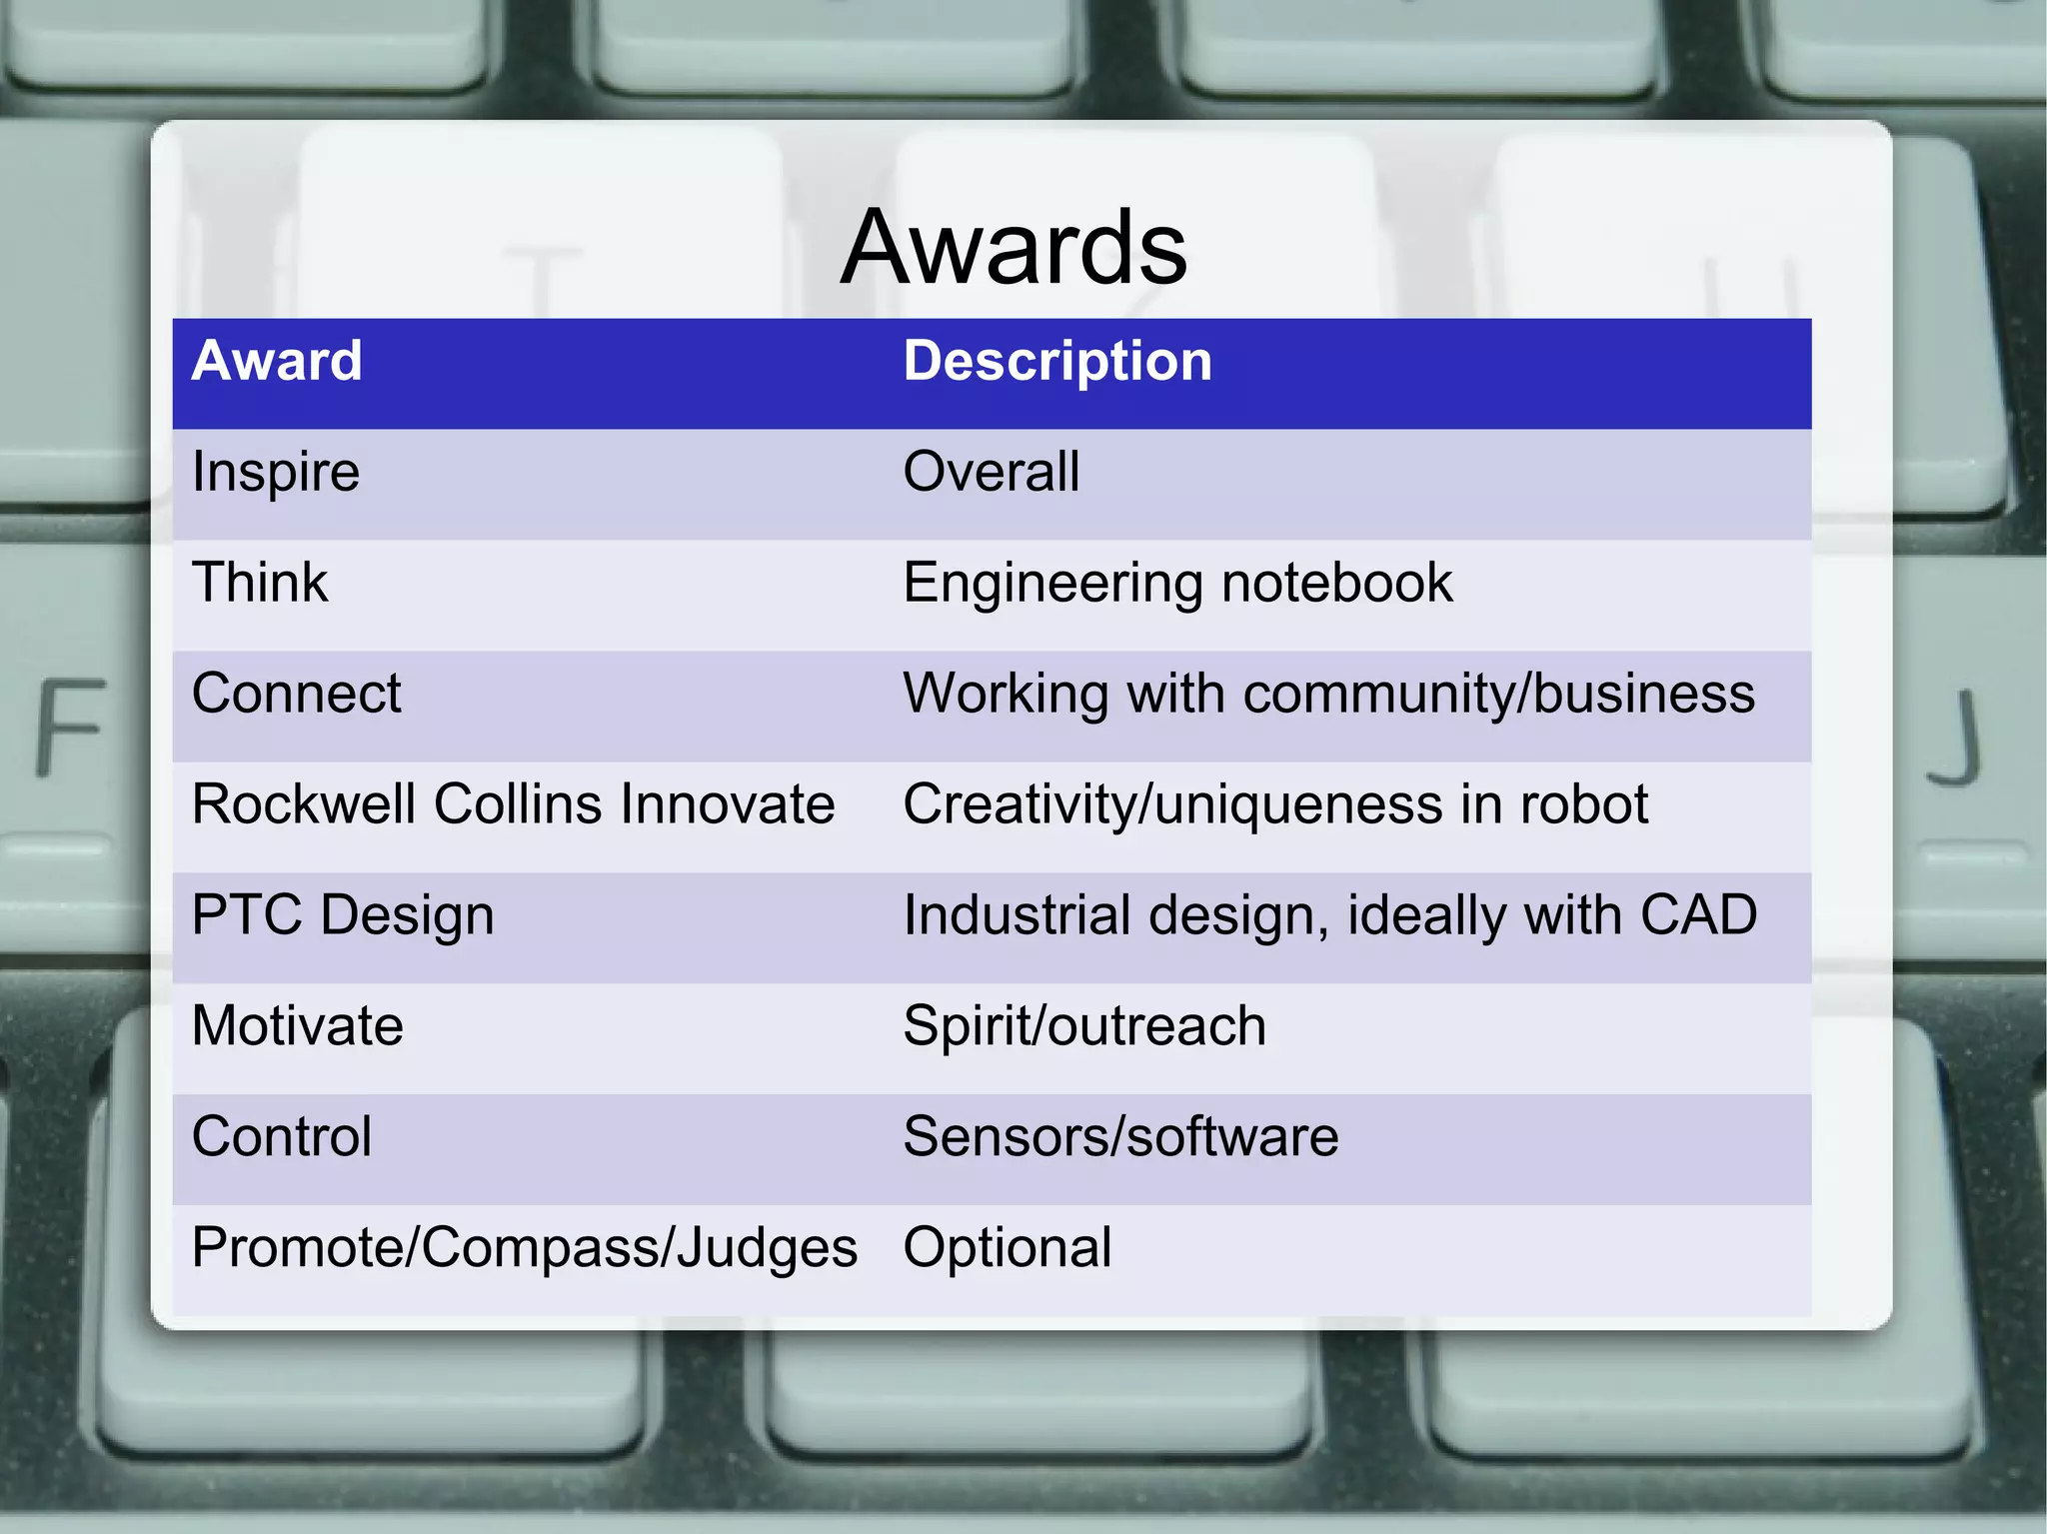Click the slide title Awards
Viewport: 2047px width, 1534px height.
[x=1014, y=248]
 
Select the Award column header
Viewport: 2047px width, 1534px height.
[x=277, y=361]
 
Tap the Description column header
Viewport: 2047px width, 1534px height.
[x=1057, y=361]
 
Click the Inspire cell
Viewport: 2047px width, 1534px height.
[x=276, y=472]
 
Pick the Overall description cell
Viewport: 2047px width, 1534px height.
[x=992, y=472]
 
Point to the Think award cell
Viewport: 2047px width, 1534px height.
[x=260, y=583]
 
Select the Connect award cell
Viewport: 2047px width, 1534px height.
[x=296, y=694]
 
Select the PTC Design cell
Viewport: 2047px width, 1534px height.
[x=343, y=915]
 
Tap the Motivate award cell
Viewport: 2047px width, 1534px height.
[x=298, y=1026]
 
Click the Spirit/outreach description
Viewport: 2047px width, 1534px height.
[x=1084, y=1026]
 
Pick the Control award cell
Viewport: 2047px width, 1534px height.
[x=282, y=1137]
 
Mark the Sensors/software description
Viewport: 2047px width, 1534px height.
[x=1120, y=1137]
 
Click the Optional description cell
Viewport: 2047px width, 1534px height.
[x=1008, y=1248]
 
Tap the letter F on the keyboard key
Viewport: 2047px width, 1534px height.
[x=70, y=727]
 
